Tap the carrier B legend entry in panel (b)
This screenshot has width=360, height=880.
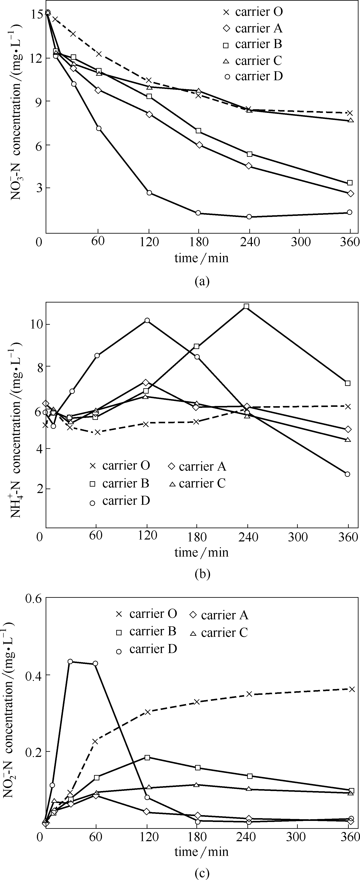(120, 483)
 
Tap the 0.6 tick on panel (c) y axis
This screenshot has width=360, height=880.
(33, 599)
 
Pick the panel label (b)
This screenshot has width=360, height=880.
(202, 574)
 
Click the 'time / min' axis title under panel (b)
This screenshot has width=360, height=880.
(202, 552)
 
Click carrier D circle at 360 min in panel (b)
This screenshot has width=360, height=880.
(348, 474)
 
